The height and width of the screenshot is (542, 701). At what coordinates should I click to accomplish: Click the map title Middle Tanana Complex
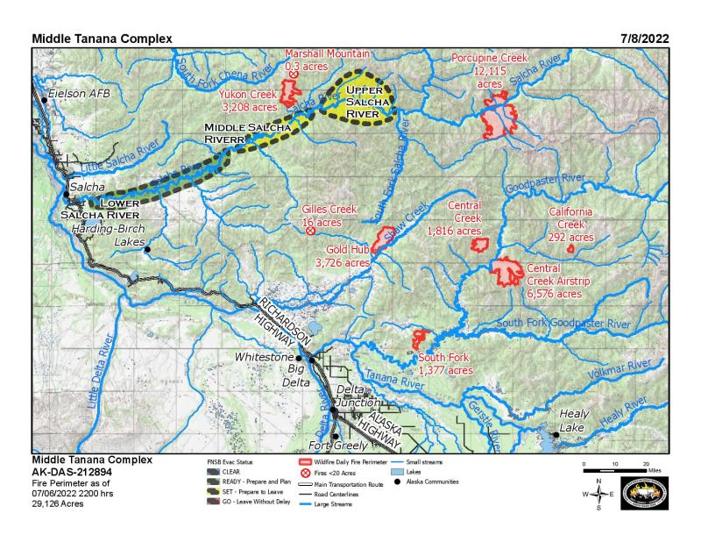click(102, 39)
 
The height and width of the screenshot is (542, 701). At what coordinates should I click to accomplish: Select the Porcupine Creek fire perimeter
click(499, 118)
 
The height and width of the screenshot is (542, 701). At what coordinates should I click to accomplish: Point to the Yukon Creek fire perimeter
click(288, 92)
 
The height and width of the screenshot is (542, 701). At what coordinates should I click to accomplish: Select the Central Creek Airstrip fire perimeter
click(506, 271)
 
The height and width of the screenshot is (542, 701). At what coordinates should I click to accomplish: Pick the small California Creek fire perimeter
click(570, 249)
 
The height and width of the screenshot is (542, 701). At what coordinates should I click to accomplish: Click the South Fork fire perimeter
click(421, 339)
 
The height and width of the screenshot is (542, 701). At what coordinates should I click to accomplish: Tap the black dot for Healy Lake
click(556, 434)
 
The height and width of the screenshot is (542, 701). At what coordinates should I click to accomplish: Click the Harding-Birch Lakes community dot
click(147, 250)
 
